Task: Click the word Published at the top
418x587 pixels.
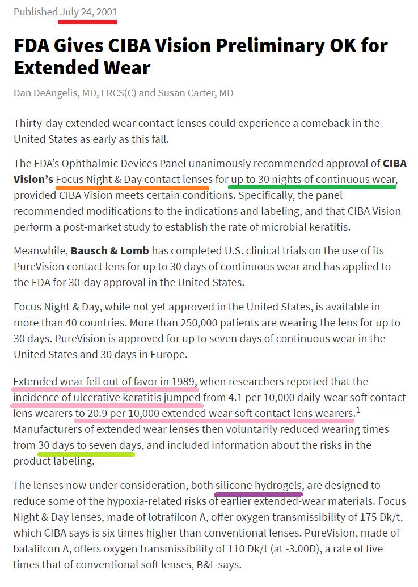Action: click(35, 12)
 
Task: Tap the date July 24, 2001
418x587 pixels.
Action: click(88, 12)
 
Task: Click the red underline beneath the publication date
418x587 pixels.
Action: click(87, 22)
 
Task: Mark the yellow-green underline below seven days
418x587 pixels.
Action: click(86, 454)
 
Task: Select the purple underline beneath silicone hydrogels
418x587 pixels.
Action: click(258, 494)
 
